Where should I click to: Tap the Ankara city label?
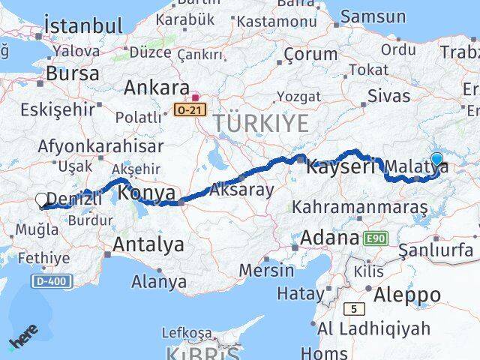[156, 88]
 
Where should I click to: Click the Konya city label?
[147, 192]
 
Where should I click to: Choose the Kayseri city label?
[340, 166]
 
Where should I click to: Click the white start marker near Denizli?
[42, 200]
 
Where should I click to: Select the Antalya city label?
[148, 244]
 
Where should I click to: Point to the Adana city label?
[329, 238]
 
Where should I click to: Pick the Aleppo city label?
[409, 293]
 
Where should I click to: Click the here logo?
[23, 337]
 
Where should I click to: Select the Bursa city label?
[72, 73]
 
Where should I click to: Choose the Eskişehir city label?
[58, 109]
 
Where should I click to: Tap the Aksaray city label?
[242, 190]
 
